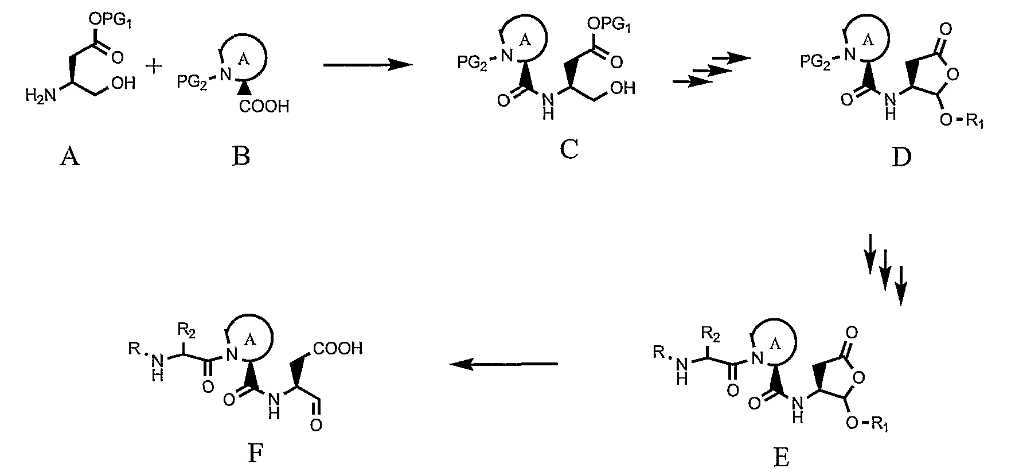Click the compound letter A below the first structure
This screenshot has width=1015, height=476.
(x=69, y=156)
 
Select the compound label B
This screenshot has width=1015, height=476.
(x=241, y=156)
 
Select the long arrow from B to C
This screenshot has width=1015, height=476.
(x=368, y=65)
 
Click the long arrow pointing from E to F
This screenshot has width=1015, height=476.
(x=503, y=364)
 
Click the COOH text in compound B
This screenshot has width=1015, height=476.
(x=264, y=107)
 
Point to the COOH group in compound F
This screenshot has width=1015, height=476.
(x=338, y=349)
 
